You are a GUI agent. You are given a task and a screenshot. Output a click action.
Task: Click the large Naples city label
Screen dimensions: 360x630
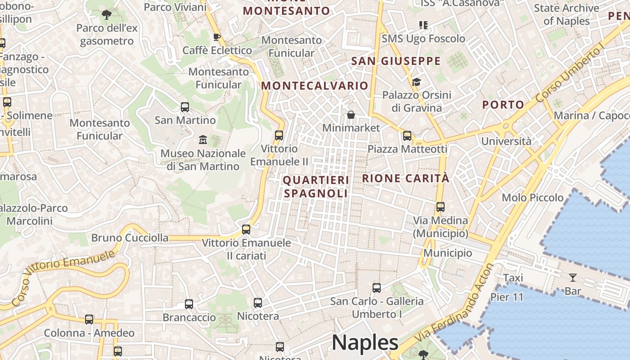click(x=365, y=343)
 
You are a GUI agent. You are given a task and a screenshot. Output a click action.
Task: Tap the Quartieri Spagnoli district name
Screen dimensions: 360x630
click(x=316, y=187)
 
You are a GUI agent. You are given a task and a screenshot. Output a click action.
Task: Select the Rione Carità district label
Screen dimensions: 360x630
click(x=406, y=178)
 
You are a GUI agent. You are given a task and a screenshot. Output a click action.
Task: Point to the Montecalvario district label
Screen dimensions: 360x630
click(x=315, y=85)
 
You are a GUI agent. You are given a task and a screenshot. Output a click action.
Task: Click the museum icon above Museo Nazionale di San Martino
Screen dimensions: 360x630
click(x=202, y=140)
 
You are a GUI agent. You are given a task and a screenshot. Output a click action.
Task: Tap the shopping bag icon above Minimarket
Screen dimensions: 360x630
click(x=351, y=115)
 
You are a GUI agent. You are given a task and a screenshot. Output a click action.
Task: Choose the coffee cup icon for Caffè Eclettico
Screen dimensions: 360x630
click(x=216, y=37)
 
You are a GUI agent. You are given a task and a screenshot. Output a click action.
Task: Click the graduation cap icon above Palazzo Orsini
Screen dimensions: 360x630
click(x=416, y=82)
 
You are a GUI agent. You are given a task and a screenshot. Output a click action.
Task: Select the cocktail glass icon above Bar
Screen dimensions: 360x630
click(x=572, y=277)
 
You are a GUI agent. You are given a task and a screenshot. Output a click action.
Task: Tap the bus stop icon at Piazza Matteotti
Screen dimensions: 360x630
click(x=407, y=135)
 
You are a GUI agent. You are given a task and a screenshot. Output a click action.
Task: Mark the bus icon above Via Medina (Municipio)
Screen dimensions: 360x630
click(x=441, y=207)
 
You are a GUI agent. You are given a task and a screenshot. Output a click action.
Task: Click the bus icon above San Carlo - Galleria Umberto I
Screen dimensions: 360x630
click(x=377, y=288)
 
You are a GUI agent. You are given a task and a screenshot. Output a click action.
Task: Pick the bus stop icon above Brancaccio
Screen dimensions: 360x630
click(x=189, y=304)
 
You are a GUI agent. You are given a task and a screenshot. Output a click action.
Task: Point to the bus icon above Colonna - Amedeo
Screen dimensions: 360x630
click(x=89, y=319)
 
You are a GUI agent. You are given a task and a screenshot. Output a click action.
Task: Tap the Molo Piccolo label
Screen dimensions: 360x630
click(x=532, y=198)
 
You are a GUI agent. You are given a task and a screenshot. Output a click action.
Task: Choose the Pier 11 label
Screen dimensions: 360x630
click(x=507, y=297)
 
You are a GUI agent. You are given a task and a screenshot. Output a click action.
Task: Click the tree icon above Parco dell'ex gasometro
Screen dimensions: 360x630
click(x=106, y=15)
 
